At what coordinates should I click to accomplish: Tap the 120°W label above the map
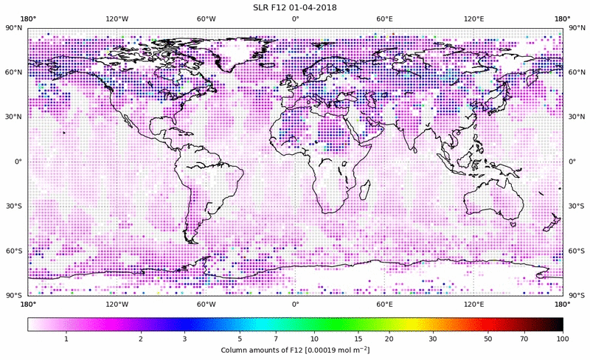point(117,19)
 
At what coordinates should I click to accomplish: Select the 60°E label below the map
point(384,303)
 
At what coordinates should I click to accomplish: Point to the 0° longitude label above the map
point(295,19)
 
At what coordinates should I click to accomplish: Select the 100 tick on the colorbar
point(563,338)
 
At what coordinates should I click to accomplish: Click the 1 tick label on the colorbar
point(66,338)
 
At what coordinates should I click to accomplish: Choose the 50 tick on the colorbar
point(487,338)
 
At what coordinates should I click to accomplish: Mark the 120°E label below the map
point(473,303)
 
